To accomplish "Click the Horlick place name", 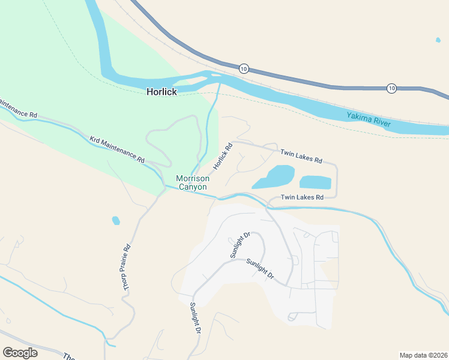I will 162,92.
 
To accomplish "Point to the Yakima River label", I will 369,119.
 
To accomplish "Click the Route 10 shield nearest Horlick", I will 243,68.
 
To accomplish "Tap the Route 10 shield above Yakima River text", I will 391,88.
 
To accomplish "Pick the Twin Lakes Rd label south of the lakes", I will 302,197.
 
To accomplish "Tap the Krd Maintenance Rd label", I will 117,149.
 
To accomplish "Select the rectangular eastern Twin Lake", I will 315,182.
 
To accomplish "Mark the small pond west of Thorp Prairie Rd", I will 116,221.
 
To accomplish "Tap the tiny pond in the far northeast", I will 438,40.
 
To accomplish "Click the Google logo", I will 20,353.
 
